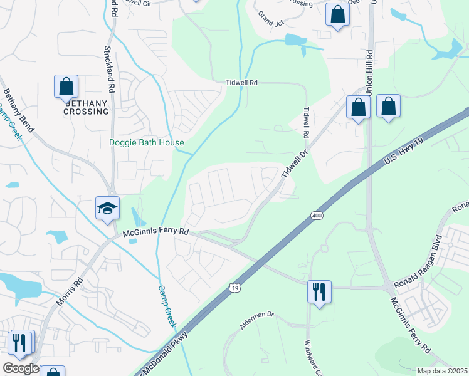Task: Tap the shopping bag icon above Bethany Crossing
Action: coord(66,87)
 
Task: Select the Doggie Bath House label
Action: coord(147,142)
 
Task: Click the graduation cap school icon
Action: coord(107,208)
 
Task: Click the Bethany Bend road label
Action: coord(19,110)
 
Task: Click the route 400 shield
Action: coord(316,216)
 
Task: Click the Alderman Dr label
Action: coord(257,320)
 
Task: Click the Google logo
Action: coord(20,368)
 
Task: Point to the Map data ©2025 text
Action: coord(442,371)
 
